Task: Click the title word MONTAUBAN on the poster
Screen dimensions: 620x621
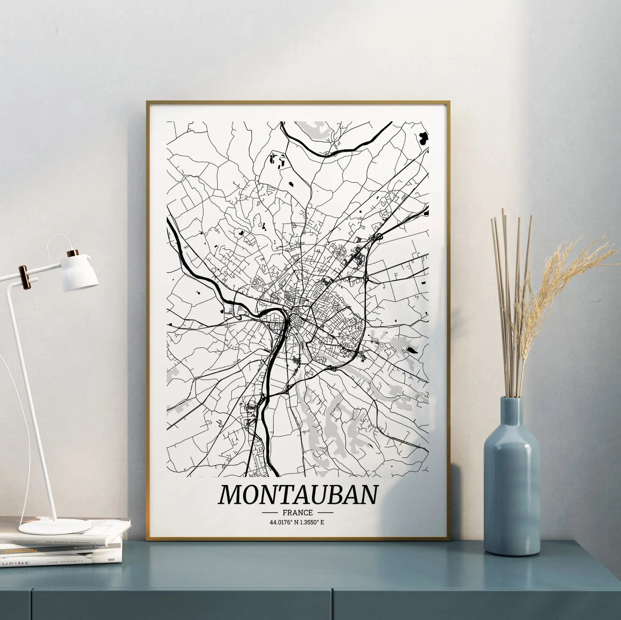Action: [298, 495]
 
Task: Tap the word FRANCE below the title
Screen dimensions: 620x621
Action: [298, 513]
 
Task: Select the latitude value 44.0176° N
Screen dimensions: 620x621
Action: [283, 523]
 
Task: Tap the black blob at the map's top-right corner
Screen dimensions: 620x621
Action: [423, 138]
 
